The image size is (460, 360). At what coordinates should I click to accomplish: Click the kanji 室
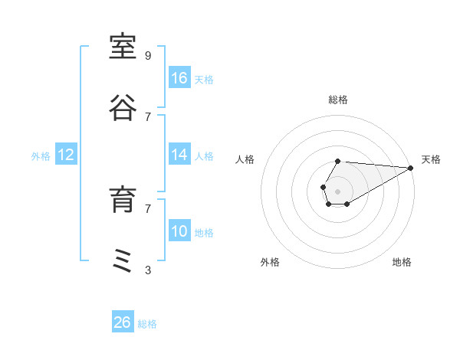(123, 47)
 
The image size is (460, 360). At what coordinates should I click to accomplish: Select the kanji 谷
(123, 108)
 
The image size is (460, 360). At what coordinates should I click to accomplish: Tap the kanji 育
(123, 199)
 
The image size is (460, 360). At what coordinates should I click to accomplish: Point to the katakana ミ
(122, 260)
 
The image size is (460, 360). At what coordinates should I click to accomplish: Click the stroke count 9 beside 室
(148, 56)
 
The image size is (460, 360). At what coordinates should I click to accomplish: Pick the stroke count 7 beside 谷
(148, 117)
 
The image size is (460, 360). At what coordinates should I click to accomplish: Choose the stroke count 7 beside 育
(148, 209)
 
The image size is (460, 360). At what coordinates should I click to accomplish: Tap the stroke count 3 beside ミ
(148, 270)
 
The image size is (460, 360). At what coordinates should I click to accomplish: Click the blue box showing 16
(179, 77)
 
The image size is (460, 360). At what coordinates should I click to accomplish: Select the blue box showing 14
(179, 154)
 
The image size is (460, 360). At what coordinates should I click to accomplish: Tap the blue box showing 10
(179, 230)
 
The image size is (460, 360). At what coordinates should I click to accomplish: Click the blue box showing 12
(66, 154)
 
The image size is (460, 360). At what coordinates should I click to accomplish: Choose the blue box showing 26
(123, 321)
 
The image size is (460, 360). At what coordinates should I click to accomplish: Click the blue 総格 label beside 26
(147, 324)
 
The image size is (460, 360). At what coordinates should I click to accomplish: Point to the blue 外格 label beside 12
(41, 156)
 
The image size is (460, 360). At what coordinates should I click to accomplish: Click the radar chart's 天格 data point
(411, 168)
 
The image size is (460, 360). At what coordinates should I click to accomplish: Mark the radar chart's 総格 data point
(337, 161)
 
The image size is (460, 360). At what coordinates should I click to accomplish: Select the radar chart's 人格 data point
(323, 187)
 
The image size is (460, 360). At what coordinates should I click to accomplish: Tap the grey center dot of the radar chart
(337, 191)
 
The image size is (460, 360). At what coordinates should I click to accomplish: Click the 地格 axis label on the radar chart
(402, 262)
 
